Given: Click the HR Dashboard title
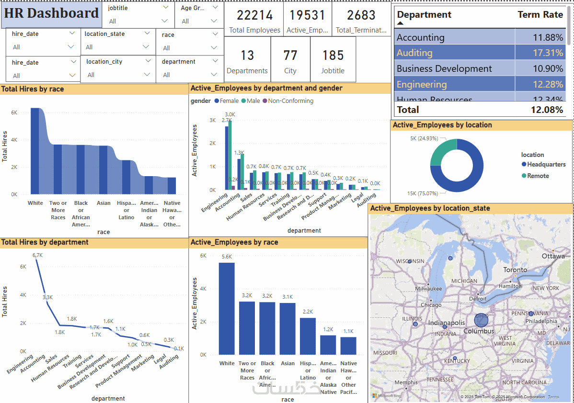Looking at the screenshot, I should pos(52,13).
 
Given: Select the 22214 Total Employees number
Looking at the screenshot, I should pos(254,16).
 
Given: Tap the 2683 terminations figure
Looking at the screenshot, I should pos(361,16).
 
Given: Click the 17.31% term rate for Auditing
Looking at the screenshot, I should pos(548,53).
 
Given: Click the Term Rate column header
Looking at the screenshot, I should pos(540,15).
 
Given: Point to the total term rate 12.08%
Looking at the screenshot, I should pos(547,110).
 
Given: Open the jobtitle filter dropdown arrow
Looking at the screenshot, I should pos(165,21).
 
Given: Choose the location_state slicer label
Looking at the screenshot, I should pos(104,34).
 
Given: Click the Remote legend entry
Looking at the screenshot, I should pos(538,176).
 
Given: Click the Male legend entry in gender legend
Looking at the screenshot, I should pos(253,101).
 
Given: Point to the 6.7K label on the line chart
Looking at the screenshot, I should pos(37,255).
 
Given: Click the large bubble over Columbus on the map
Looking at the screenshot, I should pos(481,320).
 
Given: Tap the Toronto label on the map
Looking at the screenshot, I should pos(515,270).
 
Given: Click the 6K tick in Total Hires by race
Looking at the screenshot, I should pos(14,112).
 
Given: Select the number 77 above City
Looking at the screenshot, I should pos(290,56).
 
